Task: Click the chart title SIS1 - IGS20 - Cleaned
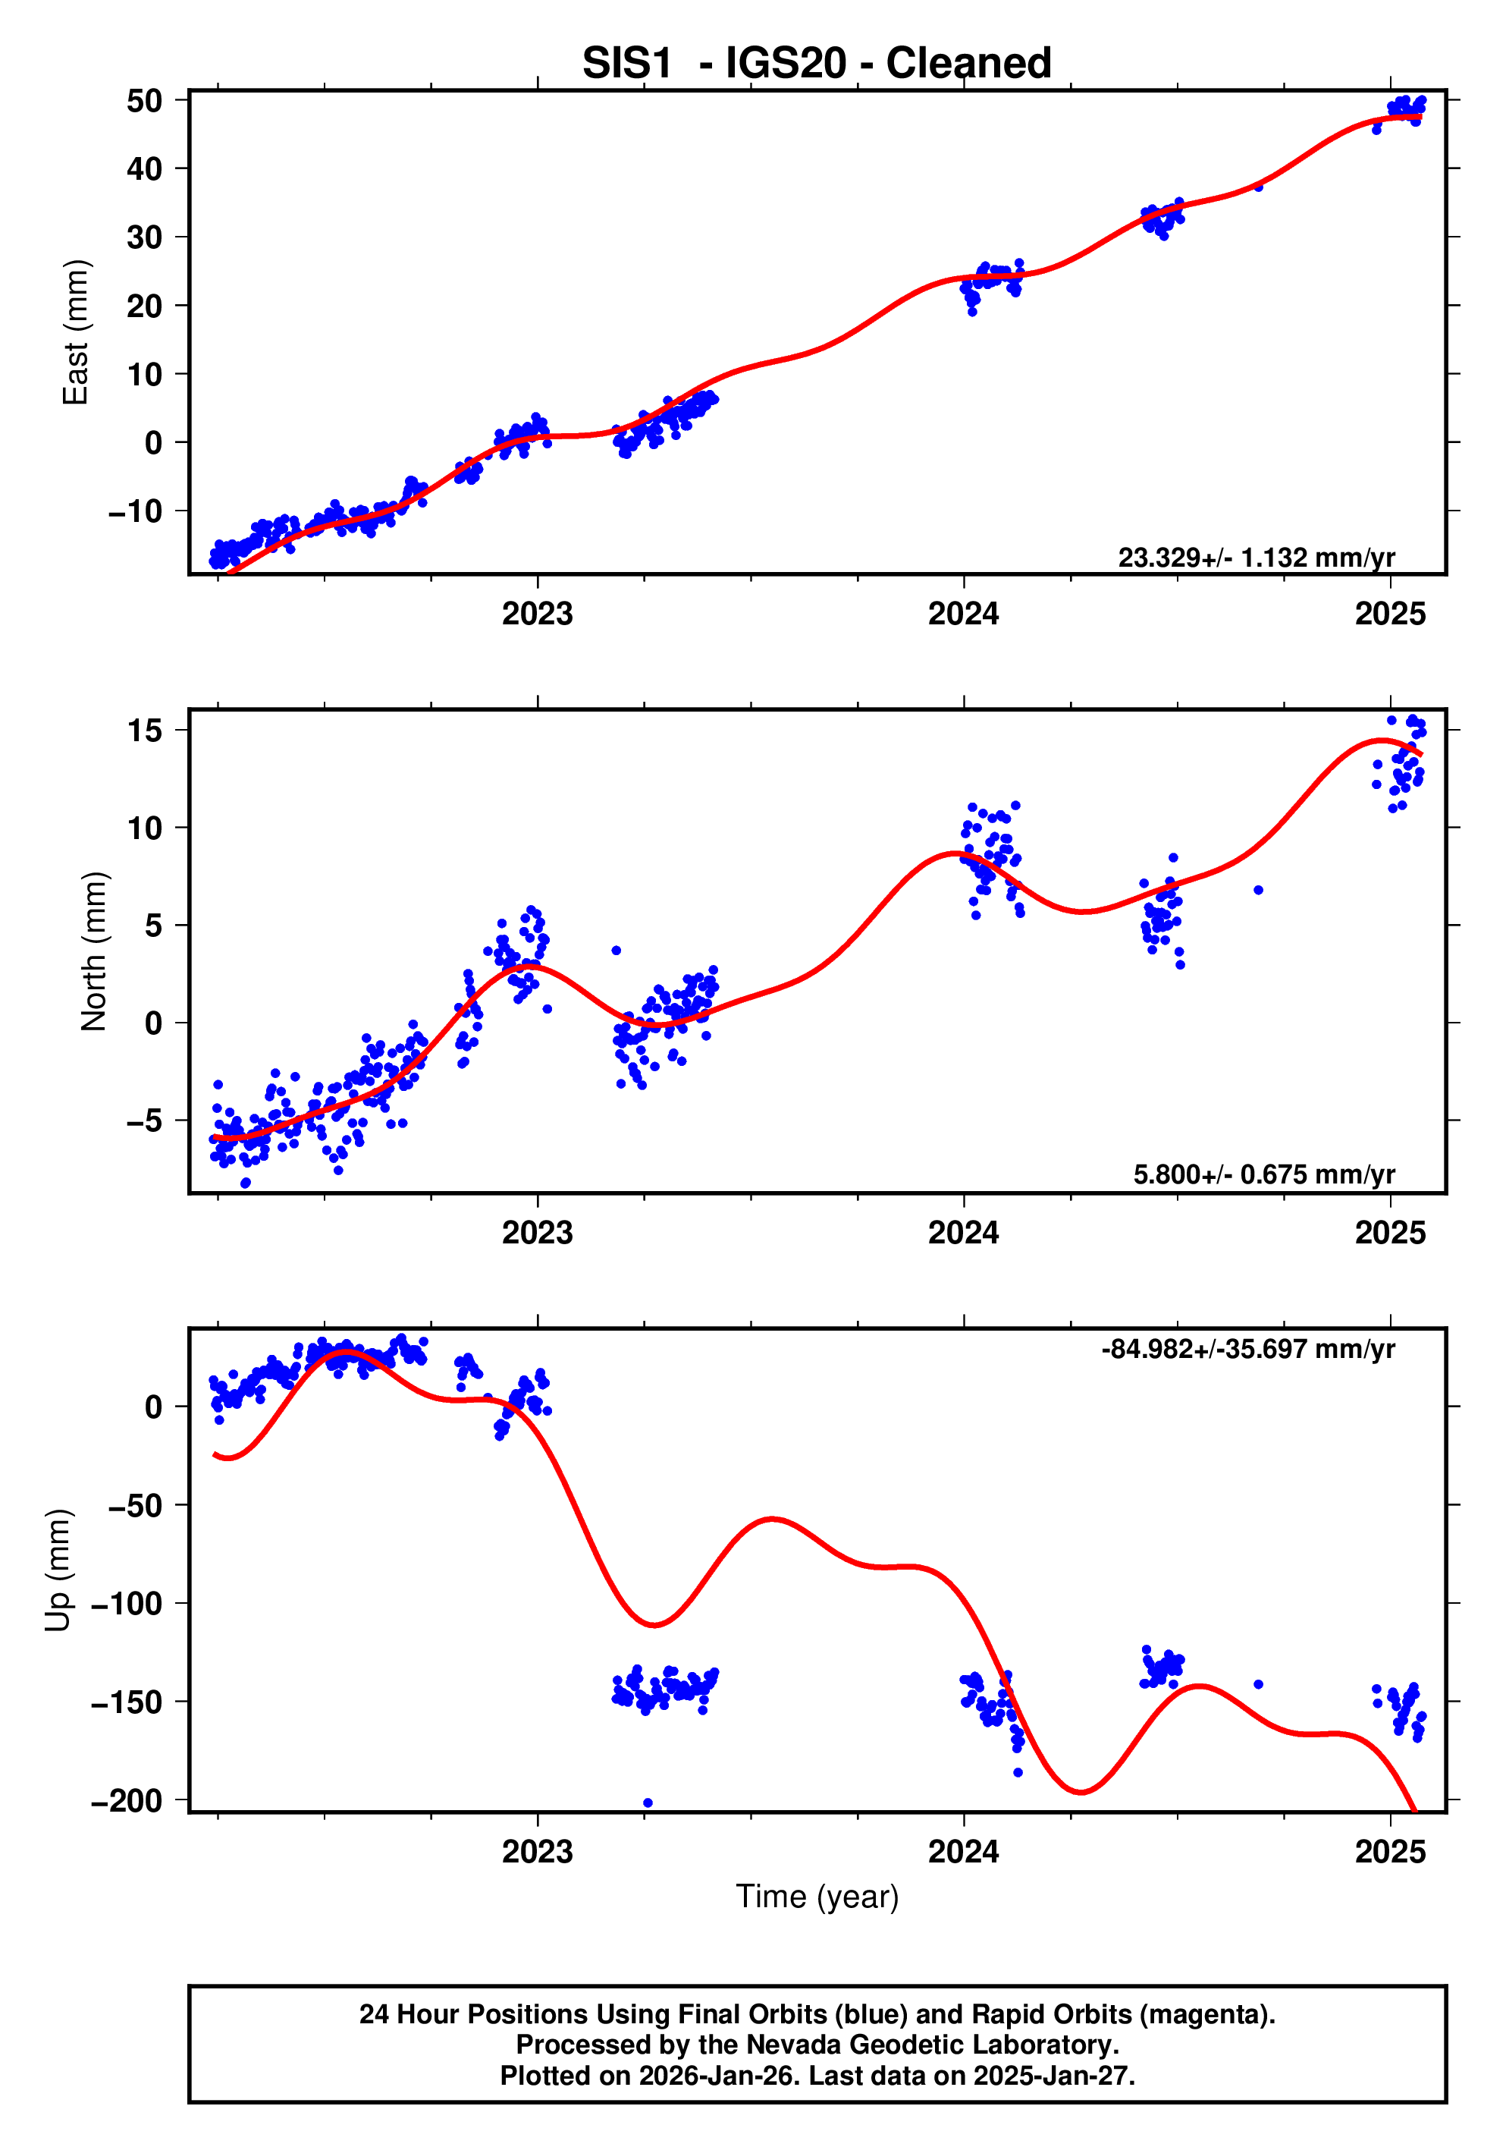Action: (x=816, y=64)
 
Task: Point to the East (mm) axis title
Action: (x=75, y=332)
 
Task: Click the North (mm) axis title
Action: (x=93, y=951)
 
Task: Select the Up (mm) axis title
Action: (x=58, y=1570)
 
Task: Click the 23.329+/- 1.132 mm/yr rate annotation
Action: (x=1255, y=558)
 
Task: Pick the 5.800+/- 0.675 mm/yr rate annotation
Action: (x=1263, y=1174)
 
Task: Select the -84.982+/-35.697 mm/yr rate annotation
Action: (x=1247, y=1350)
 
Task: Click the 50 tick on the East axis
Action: (x=144, y=101)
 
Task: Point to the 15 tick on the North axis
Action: (x=144, y=731)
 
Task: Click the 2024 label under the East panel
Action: (x=963, y=615)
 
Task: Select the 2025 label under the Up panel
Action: (x=1390, y=1851)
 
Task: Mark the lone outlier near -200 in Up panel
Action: (x=648, y=1803)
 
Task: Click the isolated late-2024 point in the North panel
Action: (x=1258, y=891)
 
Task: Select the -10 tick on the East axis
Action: (x=135, y=511)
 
